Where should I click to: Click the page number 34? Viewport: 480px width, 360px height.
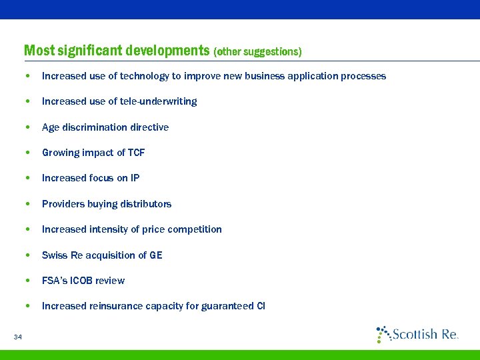(17, 337)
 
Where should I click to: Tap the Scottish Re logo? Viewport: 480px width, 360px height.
(417, 334)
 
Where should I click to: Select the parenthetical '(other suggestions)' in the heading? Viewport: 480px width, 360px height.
(257, 51)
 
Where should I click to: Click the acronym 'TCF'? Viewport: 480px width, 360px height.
(136, 153)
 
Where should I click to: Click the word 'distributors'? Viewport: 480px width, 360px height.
(145, 204)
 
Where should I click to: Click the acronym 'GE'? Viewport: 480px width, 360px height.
(156, 255)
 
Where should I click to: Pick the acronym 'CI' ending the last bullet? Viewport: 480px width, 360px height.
(260, 306)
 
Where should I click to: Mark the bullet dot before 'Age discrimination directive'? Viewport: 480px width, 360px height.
(25, 127)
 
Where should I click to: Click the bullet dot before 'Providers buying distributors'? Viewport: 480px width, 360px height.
(25, 204)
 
